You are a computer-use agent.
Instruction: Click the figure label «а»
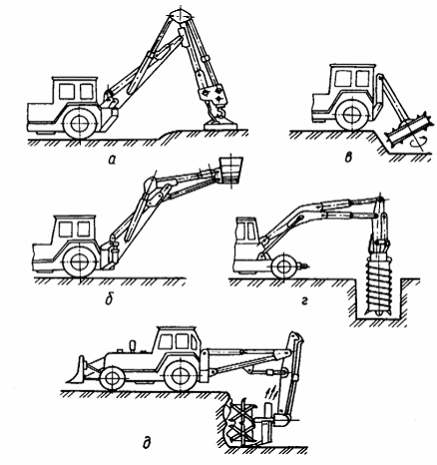(112, 160)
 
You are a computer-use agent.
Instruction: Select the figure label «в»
(348, 158)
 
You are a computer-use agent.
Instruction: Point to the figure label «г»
(304, 301)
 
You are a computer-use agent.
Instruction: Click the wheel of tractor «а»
(80, 123)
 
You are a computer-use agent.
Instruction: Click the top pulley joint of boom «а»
(181, 15)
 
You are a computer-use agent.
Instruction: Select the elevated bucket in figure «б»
(231, 171)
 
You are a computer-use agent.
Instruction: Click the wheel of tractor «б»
(80, 261)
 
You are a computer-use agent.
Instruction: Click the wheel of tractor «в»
(351, 114)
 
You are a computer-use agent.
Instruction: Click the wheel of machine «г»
(283, 265)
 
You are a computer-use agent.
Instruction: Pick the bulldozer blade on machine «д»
(77, 370)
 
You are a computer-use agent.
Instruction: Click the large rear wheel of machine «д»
(181, 374)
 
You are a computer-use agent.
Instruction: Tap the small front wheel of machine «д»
(112, 378)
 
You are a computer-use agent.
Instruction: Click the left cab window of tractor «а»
(66, 91)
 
